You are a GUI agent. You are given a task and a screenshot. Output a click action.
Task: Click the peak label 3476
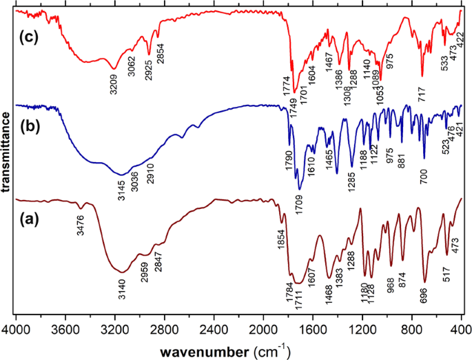[82, 226]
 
